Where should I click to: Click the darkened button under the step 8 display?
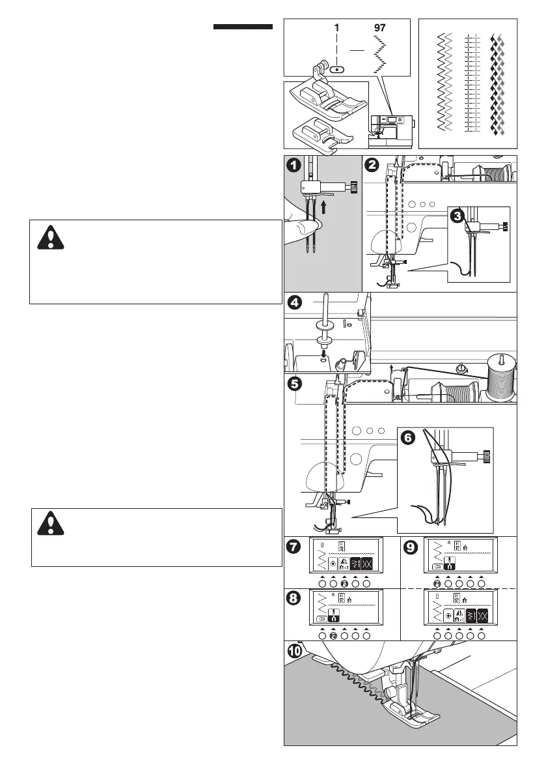[x=333, y=635]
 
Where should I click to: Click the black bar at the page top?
[x=242, y=27]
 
